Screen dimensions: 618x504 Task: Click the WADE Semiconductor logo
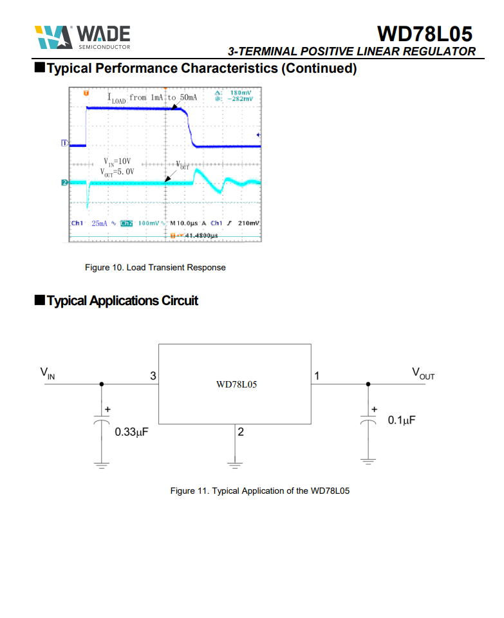coord(83,37)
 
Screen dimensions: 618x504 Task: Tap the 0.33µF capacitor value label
coord(132,432)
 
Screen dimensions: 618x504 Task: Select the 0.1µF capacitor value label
coord(402,420)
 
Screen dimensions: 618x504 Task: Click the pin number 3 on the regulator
coord(153,375)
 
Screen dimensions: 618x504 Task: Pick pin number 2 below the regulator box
coord(240,432)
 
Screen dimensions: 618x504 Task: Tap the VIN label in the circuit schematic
coord(48,373)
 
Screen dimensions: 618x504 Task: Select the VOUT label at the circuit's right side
coord(423,373)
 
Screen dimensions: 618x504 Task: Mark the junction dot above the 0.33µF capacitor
coord(101,384)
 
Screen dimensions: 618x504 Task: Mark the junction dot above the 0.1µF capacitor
coord(368,384)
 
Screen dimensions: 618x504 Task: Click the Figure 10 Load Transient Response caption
coord(155,267)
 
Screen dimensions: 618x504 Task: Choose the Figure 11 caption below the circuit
coord(259,491)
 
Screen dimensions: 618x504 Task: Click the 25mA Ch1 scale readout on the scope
coord(99,223)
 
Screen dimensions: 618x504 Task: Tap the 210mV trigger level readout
coord(248,223)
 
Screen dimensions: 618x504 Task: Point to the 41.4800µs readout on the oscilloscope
coord(201,236)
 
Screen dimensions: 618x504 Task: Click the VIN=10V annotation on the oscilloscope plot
coord(117,162)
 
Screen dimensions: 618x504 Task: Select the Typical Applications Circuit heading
coord(122,301)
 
